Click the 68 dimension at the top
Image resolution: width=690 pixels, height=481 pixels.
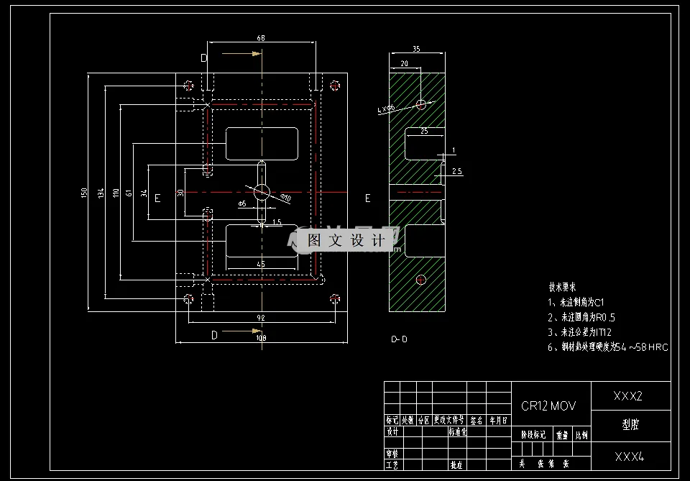[x=259, y=37]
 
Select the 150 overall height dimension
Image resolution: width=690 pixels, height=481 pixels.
[x=84, y=192]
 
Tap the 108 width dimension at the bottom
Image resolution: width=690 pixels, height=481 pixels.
[x=261, y=337]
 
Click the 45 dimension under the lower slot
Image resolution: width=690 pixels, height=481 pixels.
[x=261, y=265]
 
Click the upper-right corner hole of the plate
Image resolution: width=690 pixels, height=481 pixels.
[x=335, y=86]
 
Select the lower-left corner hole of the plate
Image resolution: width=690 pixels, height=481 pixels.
[x=188, y=298]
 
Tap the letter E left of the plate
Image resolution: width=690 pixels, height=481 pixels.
[x=157, y=198]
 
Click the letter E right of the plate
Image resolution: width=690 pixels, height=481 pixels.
[x=368, y=198]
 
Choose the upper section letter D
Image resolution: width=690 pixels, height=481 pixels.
[x=204, y=58]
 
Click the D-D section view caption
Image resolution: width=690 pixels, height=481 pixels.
[x=399, y=339]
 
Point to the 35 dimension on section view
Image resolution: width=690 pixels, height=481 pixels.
[x=416, y=49]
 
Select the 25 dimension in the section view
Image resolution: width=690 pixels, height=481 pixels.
[x=424, y=132]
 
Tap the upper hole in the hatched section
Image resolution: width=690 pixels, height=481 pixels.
[x=420, y=105]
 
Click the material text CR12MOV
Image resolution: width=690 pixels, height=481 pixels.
[x=548, y=406]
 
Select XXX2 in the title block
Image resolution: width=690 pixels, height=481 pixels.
[x=627, y=396]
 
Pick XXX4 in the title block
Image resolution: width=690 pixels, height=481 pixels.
[x=629, y=457]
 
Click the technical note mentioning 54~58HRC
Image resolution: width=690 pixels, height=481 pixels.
[x=608, y=347]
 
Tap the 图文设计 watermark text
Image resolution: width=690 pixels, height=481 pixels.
[x=346, y=241]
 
